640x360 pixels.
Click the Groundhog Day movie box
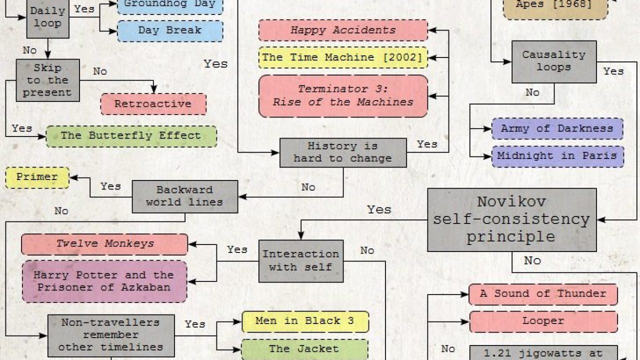(x=170, y=5)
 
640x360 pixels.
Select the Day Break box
(x=170, y=30)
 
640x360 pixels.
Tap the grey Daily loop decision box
(x=47, y=17)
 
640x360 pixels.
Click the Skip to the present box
(x=47, y=80)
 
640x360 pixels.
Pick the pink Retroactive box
(x=153, y=104)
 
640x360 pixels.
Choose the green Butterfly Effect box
(x=131, y=136)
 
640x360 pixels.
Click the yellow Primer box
(x=37, y=177)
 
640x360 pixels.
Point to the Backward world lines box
(x=184, y=196)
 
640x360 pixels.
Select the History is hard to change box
(x=342, y=152)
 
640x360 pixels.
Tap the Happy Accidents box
(x=343, y=30)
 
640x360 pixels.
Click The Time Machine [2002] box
(x=343, y=57)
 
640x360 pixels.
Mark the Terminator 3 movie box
(x=343, y=96)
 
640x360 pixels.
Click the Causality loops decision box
(x=553, y=61)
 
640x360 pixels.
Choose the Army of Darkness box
(x=557, y=128)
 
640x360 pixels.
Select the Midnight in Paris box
(x=557, y=156)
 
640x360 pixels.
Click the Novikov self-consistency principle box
(x=511, y=219)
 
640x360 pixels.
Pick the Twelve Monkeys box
(x=104, y=244)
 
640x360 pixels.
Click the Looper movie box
(x=543, y=321)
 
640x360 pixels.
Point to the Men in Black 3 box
(x=305, y=321)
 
